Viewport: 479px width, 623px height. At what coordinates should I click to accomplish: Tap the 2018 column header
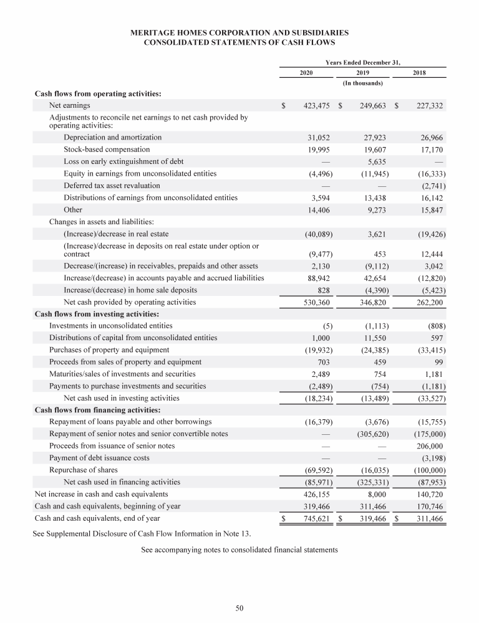(420, 73)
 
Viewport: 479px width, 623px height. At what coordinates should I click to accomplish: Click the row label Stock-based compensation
(107, 150)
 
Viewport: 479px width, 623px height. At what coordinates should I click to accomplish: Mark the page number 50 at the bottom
(239, 608)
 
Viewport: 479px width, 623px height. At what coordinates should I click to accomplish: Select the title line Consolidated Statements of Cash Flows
(240, 42)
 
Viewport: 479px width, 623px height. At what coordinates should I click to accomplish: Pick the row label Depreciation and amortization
(112, 137)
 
